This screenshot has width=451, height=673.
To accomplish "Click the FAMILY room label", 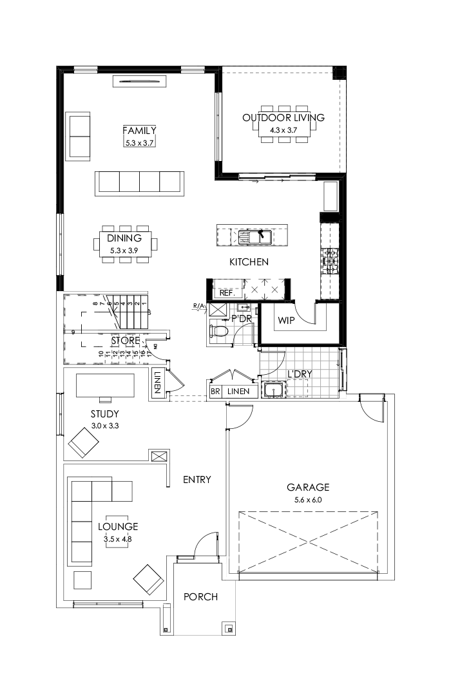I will click(x=140, y=130).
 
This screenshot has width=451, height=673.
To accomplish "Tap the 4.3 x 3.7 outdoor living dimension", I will click(x=283, y=130).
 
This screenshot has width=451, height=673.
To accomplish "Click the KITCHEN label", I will click(x=249, y=262).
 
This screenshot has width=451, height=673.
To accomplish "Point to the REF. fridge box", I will click(x=226, y=292).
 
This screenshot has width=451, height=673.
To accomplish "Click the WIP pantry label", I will click(x=286, y=320).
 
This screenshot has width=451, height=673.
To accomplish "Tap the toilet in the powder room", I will click(x=220, y=331).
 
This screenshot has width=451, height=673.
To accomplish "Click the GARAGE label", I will click(x=308, y=488).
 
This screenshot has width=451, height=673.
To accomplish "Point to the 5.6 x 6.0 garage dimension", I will click(x=308, y=500).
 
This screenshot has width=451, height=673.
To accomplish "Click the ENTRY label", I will click(x=197, y=480).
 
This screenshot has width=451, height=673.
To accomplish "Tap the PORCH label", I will click(x=200, y=597).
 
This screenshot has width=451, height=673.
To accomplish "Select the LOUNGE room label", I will click(x=118, y=526).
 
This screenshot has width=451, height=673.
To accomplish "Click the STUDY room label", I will click(x=104, y=414).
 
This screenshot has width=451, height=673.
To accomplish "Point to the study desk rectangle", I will click(x=105, y=386).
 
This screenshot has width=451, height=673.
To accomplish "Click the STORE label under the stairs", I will click(x=125, y=340).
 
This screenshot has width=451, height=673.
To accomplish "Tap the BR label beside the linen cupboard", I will click(x=215, y=392).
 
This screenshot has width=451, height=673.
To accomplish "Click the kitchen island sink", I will click(x=253, y=236).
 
